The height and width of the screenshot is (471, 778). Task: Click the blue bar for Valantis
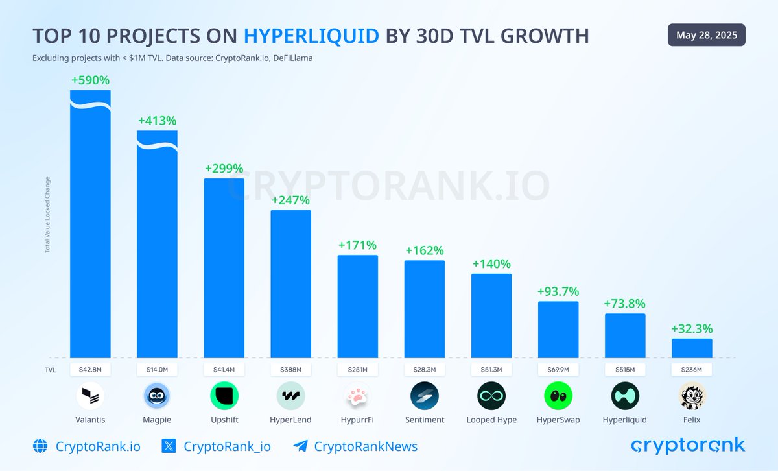coord(90,227)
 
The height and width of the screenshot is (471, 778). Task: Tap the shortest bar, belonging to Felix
coord(692,348)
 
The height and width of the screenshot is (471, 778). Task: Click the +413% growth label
coord(157,121)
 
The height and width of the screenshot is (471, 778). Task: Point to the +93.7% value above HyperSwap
coord(558,291)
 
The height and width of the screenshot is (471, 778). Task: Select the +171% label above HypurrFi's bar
coord(357,245)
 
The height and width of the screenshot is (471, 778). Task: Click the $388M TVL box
coord(290,369)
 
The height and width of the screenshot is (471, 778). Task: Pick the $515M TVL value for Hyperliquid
coord(625,369)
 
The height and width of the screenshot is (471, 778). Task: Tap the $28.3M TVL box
coord(424,369)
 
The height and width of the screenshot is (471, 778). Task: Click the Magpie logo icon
coord(157,396)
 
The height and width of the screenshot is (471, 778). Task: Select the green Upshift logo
coord(224,396)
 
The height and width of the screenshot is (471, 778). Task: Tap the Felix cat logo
coord(692,396)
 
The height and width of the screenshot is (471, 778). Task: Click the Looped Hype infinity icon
coord(491,396)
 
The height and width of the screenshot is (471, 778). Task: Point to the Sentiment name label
coord(424,420)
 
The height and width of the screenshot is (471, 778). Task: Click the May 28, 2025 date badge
coord(706,35)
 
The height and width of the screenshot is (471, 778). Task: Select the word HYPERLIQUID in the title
coord(311,36)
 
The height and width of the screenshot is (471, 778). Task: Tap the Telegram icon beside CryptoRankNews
coord(300,446)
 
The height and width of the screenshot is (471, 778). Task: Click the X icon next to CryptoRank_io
coord(169,446)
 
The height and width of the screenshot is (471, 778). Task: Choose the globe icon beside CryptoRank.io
coord(40,446)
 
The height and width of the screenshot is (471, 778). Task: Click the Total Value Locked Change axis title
coord(47,214)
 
